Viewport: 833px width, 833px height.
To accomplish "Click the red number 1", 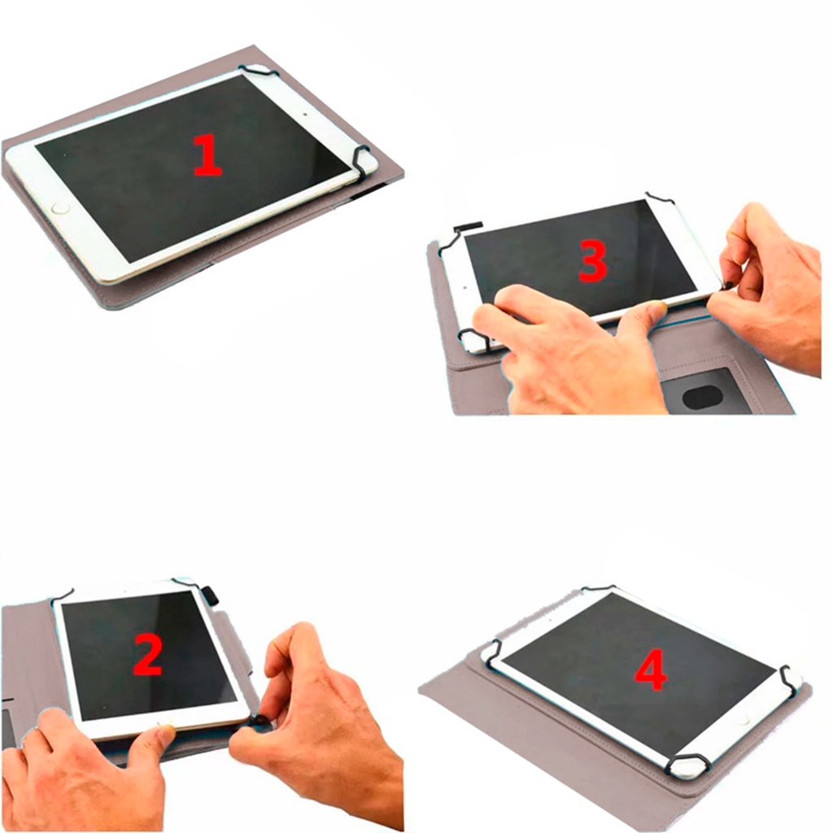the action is click(x=207, y=155).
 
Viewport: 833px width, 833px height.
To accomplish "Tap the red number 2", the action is click(x=147, y=656).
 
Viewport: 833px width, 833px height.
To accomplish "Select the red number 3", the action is click(x=592, y=261).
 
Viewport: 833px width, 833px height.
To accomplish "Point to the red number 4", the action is click(x=651, y=671).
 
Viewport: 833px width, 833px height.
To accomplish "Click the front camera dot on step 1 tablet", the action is click(x=305, y=114).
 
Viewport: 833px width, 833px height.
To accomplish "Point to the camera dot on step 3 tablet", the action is click(x=464, y=288).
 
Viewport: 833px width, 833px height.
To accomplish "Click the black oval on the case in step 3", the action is click(x=702, y=397).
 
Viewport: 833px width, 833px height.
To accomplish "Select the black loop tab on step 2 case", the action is click(x=211, y=595).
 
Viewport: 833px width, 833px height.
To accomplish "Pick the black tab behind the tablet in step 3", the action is click(x=468, y=227).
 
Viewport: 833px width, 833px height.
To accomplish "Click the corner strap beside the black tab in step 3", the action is click(x=451, y=239).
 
